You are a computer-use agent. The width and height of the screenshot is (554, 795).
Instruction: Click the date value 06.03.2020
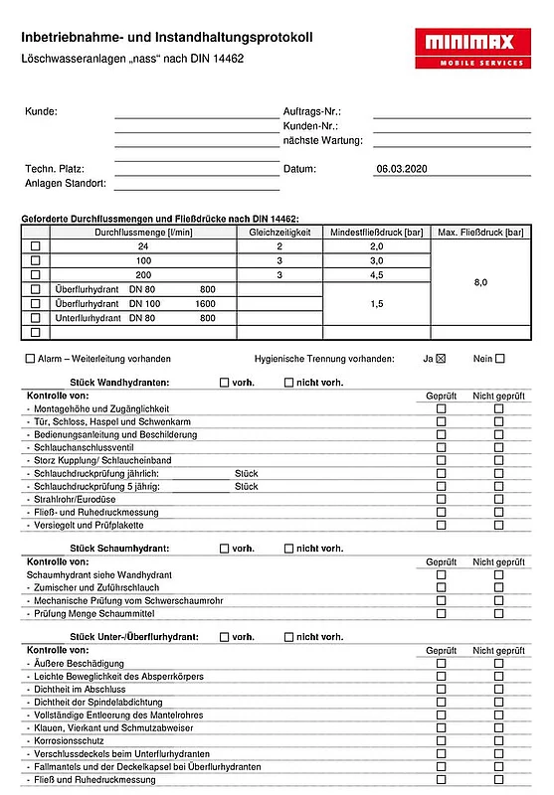(x=401, y=169)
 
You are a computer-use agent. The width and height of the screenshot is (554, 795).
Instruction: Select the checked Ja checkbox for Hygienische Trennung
(x=441, y=359)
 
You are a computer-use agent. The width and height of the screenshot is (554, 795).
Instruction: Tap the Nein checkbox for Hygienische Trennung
(x=499, y=359)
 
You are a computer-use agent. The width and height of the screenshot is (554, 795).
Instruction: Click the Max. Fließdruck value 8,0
(x=480, y=282)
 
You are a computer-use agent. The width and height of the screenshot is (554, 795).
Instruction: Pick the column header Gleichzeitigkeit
(x=279, y=232)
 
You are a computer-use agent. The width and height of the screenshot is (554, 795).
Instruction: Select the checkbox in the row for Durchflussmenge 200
(x=36, y=274)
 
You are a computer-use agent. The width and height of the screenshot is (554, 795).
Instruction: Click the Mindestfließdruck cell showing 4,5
(x=377, y=274)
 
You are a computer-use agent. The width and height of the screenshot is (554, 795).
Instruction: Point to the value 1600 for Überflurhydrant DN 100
(x=205, y=303)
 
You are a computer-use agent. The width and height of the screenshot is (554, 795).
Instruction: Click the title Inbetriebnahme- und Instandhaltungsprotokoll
(x=167, y=37)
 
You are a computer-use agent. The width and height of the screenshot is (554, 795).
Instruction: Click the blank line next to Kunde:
(x=196, y=117)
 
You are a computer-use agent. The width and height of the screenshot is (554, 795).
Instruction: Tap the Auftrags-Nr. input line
(x=452, y=117)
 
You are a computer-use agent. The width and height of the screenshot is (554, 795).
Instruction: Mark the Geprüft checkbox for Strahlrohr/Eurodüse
(x=441, y=499)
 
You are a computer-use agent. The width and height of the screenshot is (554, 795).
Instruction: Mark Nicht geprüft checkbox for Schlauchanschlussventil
(x=499, y=447)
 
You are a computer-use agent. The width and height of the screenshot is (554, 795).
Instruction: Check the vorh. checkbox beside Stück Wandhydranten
(x=225, y=382)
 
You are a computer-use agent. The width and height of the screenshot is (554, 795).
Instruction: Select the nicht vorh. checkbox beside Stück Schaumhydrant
(x=289, y=548)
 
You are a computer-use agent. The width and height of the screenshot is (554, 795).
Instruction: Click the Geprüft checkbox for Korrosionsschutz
(x=441, y=740)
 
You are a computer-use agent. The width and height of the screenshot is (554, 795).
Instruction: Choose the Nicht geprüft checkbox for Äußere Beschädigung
(x=499, y=663)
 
